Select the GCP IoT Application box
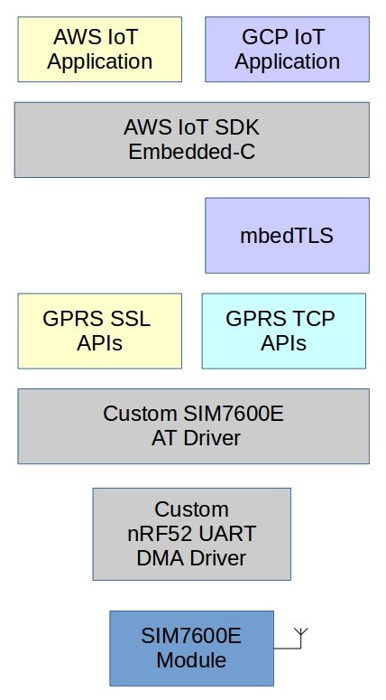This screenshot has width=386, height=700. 287,50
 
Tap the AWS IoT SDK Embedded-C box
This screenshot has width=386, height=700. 191,139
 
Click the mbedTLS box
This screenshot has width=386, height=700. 287,236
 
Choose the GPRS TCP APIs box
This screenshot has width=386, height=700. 283,331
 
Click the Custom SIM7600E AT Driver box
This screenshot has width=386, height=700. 191,426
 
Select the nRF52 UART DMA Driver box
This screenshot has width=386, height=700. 191,534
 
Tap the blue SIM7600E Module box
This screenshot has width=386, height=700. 191,648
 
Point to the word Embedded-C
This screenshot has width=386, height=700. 191,152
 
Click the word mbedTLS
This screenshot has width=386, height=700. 287,237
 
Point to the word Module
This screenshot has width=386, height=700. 191,660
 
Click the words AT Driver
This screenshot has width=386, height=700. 191,439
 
